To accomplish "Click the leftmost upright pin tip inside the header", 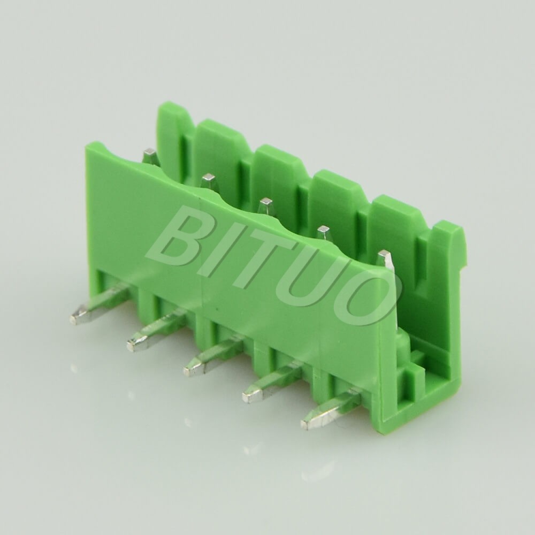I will point(149,155).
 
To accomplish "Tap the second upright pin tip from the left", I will point(208,180).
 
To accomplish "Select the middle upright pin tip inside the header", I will point(265,204).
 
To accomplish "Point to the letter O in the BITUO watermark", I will point(361,300).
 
